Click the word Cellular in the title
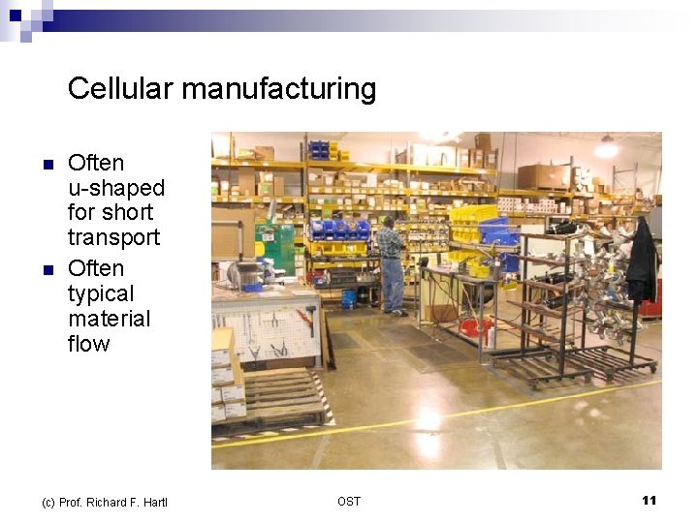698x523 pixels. [x=121, y=89]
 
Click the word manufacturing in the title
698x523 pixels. [x=278, y=89]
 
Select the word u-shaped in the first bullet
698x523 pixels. [x=116, y=188]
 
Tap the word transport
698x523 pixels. [x=113, y=237]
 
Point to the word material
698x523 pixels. [x=110, y=319]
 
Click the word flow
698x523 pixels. [x=88, y=344]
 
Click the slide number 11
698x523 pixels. [x=649, y=500]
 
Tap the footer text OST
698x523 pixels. [x=349, y=501]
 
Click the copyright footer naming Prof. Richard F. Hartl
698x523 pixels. [x=104, y=502]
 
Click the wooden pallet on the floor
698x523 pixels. [x=281, y=398]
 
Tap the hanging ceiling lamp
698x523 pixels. [x=607, y=148]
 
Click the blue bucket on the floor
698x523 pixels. [x=349, y=299]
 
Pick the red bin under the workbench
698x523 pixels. [x=476, y=326]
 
